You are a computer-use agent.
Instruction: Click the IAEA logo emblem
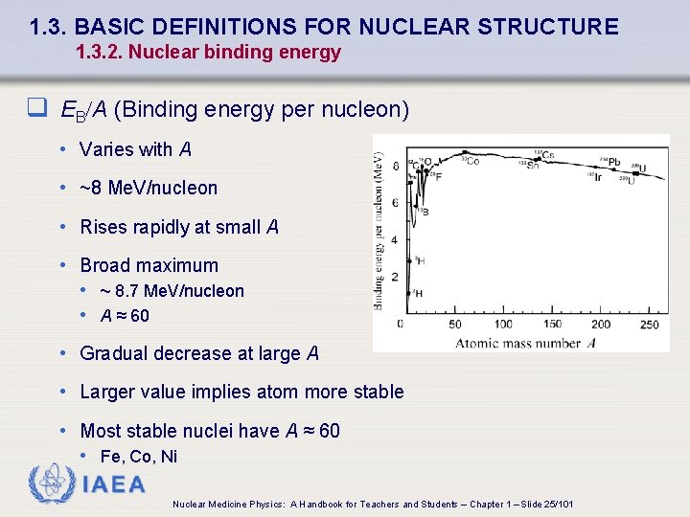[x=52, y=483]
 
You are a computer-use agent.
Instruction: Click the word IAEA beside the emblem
[x=114, y=484]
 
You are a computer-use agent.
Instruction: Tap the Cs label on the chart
[x=546, y=155]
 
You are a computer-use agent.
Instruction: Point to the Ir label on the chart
[x=595, y=177]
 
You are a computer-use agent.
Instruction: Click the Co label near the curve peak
[x=471, y=161]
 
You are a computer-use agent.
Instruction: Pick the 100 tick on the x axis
[x=499, y=324]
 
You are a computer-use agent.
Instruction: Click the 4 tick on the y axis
[x=395, y=239]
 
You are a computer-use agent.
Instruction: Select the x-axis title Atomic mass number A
[x=524, y=343]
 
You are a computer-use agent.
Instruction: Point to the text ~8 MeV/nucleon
[x=149, y=188]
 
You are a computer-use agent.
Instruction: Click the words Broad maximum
[x=149, y=265]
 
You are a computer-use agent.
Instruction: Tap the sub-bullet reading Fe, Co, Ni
[x=139, y=457]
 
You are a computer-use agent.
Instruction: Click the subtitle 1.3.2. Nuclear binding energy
[x=208, y=53]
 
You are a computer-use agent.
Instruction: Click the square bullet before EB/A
[x=37, y=109]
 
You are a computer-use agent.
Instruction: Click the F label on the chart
[x=438, y=177]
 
